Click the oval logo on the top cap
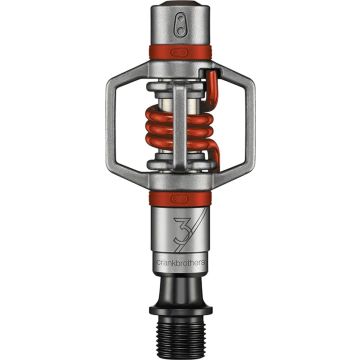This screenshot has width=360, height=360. (179, 19)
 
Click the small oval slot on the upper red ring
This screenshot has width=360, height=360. (180, 47)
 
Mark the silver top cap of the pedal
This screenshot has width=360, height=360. (179, 24)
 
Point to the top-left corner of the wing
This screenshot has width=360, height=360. (116, 70)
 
